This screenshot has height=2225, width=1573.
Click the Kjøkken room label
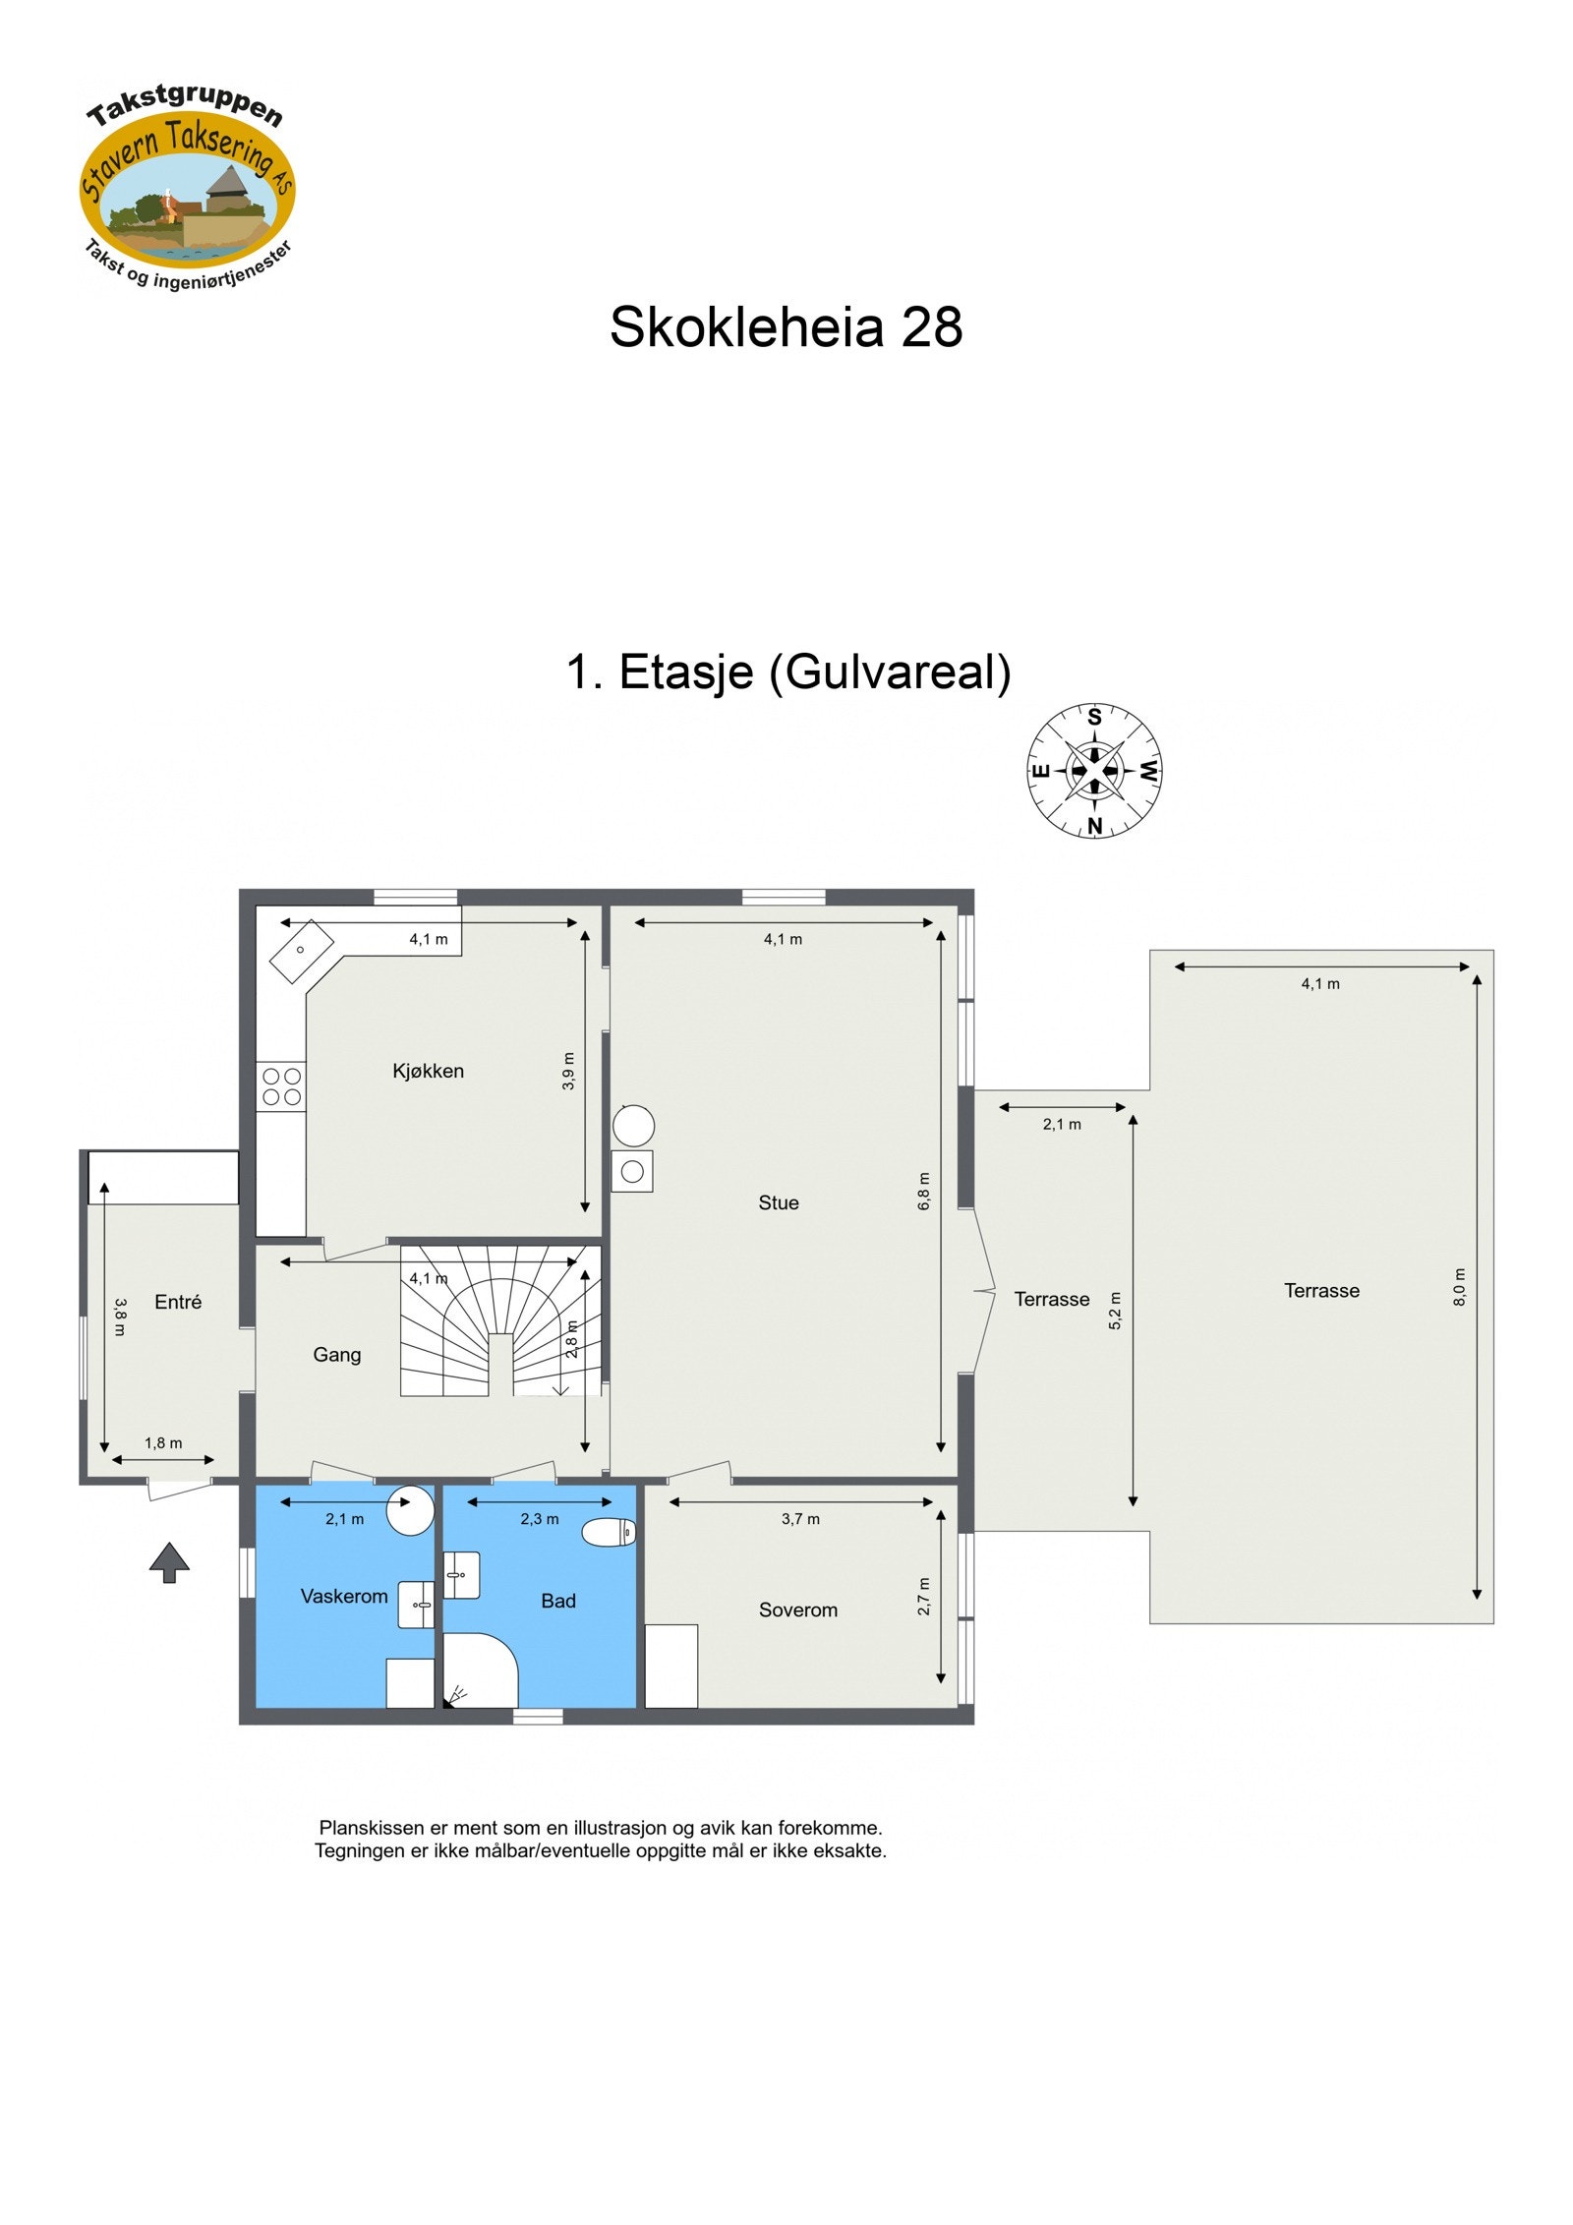428,1071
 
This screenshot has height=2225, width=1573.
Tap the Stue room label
778,1202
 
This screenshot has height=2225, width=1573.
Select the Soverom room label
797,1610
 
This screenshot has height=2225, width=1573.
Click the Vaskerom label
343,1596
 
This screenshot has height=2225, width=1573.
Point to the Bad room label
557,1601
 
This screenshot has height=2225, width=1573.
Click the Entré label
178,1302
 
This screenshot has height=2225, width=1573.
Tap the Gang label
336,1355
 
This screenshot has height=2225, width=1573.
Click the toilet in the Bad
610,1532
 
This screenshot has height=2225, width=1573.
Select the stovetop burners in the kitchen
281,1086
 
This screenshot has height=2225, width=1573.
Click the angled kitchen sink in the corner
302,951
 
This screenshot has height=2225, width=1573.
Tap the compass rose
1094,771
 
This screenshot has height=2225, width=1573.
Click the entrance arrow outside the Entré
169,1561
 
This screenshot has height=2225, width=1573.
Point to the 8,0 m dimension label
1459,1287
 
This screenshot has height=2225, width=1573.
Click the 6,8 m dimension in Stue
923,1191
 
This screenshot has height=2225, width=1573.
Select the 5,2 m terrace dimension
1115,1311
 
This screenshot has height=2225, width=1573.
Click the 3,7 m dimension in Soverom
800,1519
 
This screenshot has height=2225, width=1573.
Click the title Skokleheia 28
786,326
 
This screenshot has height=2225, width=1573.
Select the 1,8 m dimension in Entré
163,1443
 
